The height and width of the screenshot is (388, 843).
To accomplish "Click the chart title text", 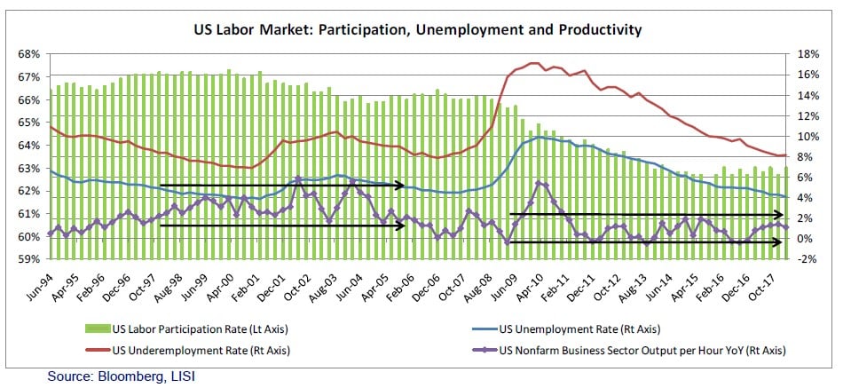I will pyautogui.click(x=417, y=30).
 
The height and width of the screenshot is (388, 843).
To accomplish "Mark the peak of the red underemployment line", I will pyautogui.click(x=533, y=63).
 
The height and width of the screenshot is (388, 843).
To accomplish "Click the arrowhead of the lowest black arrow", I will pyautogui.click(x=782, y=242).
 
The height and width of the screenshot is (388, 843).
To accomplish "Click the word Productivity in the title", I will pyautogui.click(x=595, y=30).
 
